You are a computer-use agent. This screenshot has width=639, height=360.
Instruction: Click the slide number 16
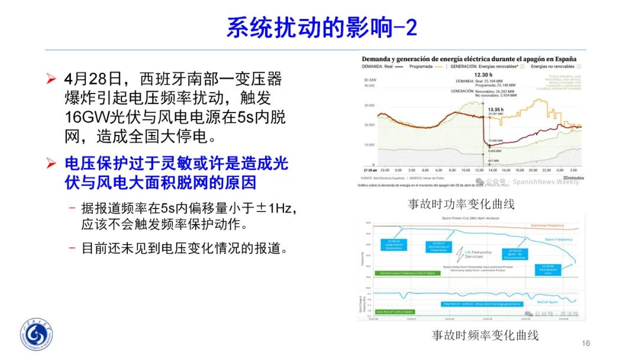tap(586, 343)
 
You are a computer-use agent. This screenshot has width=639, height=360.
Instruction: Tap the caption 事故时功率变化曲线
tap(461, 204)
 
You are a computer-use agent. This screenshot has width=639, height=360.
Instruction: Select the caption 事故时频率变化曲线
tap(485, 335)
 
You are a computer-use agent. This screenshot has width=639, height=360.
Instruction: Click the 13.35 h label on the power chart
tap(495, 110)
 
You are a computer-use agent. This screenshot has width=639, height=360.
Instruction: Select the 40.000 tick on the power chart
tap(370, 85)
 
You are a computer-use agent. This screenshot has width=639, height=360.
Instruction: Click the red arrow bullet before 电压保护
tap(52, 162)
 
